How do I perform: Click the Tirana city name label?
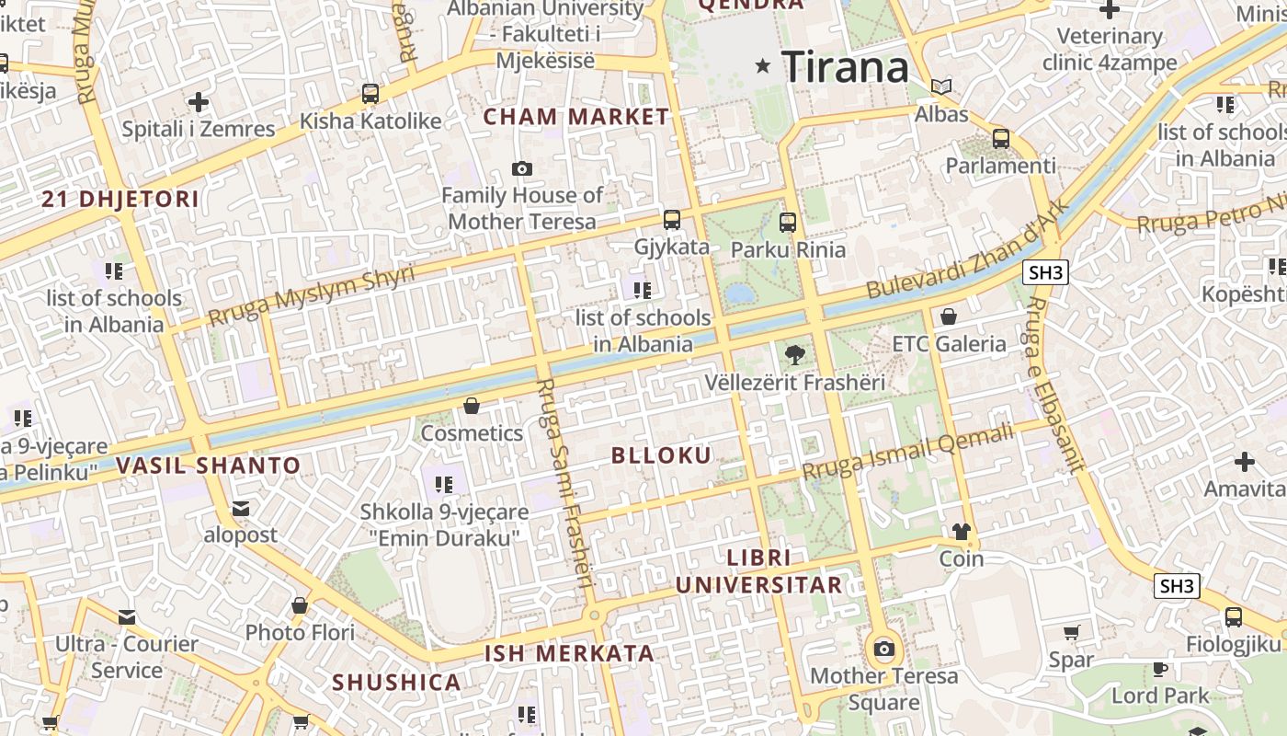[845, 67]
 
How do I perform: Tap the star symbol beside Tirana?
[762, 66]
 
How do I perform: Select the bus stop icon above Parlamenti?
[1000, 140]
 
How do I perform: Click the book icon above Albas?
[941, 87]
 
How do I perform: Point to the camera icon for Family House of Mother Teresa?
[522, 169]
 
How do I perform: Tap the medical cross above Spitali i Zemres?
[199, 102]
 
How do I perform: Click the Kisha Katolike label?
[370, 121]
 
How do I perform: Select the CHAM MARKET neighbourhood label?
[576, 117]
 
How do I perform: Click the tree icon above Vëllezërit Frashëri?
[794, 354]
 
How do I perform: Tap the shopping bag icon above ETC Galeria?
[949, 317]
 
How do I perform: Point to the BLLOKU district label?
[661, 455]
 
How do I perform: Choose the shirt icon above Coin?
[961, 532]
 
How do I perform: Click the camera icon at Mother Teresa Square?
[884, 650]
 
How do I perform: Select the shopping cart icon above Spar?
[1071, 633]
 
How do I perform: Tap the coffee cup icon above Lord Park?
[1160, 669]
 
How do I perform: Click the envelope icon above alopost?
[241, 508]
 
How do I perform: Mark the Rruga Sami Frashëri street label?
[564, 483]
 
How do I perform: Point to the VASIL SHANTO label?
[209, 466]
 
